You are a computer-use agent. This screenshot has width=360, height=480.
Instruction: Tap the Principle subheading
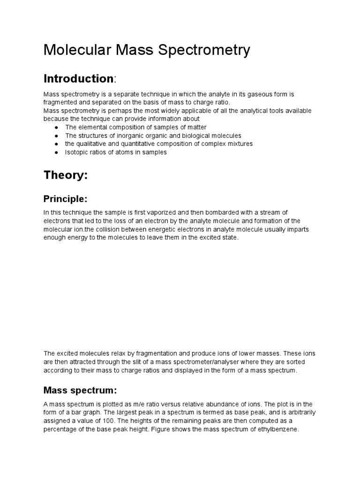coord(65,199)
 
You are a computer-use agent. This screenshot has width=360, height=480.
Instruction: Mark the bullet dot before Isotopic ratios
coord(57,152)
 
